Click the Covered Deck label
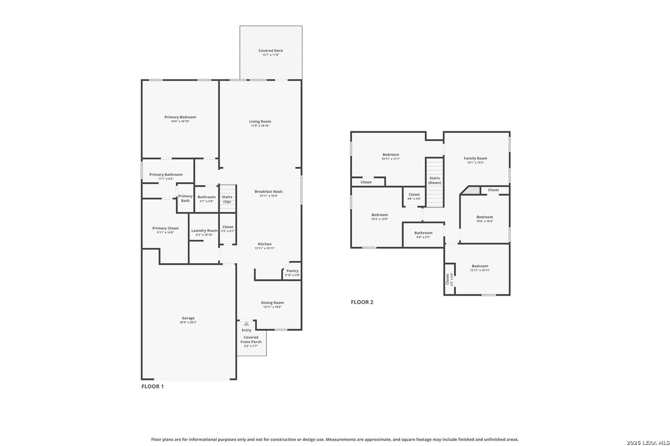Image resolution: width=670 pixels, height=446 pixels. tap(271, 51)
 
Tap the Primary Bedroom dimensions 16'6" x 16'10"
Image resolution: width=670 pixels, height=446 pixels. tap(180, 121)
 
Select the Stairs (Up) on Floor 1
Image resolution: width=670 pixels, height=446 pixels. tap(227, 199)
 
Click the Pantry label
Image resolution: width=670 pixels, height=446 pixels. tap(292, 271)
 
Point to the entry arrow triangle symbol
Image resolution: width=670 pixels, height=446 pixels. tap(246, 324)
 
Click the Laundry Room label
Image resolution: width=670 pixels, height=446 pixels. tap(204, 230)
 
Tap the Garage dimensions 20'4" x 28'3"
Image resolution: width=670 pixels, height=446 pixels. tap(188, 322)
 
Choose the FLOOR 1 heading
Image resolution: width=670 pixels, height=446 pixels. tap(153, 387)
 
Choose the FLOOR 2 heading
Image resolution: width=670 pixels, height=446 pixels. tap(362, 302)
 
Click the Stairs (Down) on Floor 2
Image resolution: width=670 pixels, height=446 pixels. tap(435, 180)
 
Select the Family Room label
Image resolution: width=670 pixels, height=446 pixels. tap(475, 158)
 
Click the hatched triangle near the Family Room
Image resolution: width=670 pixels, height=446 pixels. tap(471, 190)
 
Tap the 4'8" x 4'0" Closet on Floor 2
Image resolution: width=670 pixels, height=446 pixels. tap(414, 196)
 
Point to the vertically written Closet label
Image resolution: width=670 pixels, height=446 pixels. tap(447, 279)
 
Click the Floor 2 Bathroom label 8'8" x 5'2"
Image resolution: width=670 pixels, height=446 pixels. tap(423, 233)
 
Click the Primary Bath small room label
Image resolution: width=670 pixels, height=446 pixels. tap(185, 198)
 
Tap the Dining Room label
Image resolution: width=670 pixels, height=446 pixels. tap(272, 303)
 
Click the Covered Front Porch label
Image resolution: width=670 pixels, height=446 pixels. tap(251, 339)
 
